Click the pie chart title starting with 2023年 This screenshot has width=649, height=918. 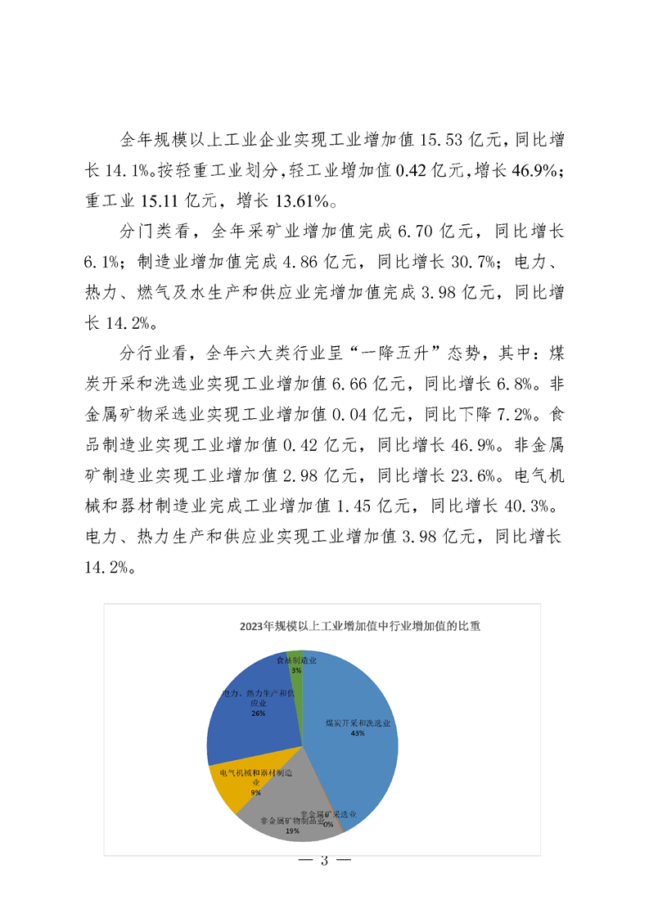pos(360,628)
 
